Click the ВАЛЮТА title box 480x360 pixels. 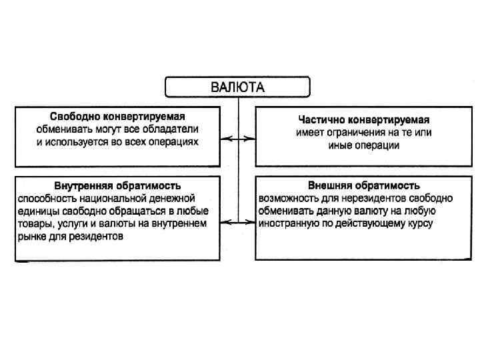[238, 87]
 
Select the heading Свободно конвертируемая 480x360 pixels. [117, 116]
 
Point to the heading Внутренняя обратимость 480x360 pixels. [117, 185]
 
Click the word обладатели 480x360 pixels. [175, 129]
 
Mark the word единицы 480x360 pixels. [37, 211]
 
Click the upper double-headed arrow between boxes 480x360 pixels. [238, 139]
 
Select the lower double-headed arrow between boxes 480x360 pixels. [238, 221]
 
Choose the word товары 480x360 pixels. [34, 223]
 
